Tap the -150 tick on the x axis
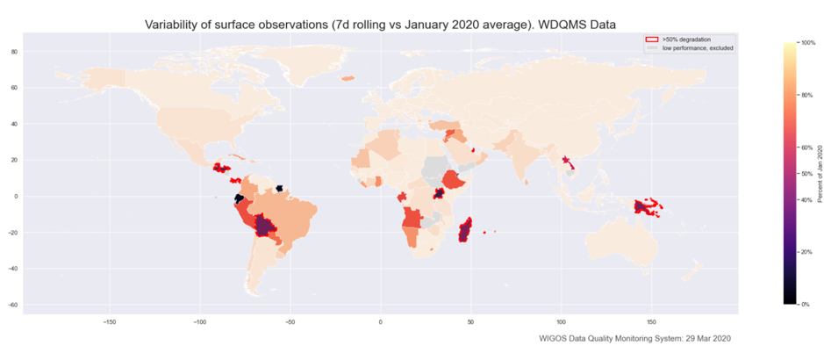[109, 322]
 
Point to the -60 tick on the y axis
[13, 304]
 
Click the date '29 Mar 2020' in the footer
[700, 338]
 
